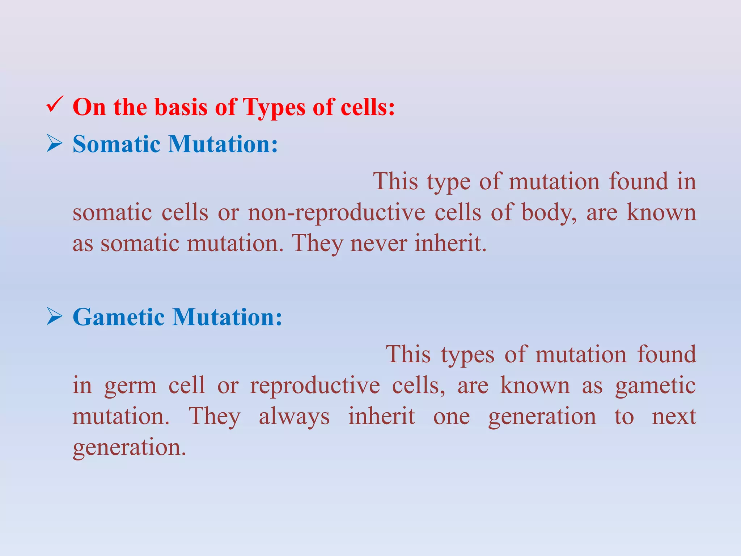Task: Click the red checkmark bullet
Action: pyautogui.click(x=55, y=105)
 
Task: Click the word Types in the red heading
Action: pyautogui.click(x=274, y=108)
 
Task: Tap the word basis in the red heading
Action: pyautogui.click(x=181, y=108)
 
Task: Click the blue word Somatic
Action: pyautogui.click(x=117, y=144)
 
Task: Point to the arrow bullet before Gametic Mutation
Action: pyautogui.click(x=55, y=317)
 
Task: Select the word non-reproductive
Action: pyautogui.click(x=336, y=212)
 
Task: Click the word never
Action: pyautogui.click(x=378, y=243)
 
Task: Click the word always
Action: pyautogui.click(x=294, y=417)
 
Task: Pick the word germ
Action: pyautogui.click(x=130, y=386)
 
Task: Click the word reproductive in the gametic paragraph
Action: pyautogui.click(x=315, y=386)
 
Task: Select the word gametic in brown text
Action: pyautogui.click(x=655, y=386)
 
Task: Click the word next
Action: pyautogui.click(x=674, y=417)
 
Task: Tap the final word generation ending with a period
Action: pyautogui.click(x=129, y=448)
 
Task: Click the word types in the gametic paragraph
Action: pyautogui.click(x=467, y=355)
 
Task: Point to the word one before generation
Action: pyautogui.click(x=451, y=417)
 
